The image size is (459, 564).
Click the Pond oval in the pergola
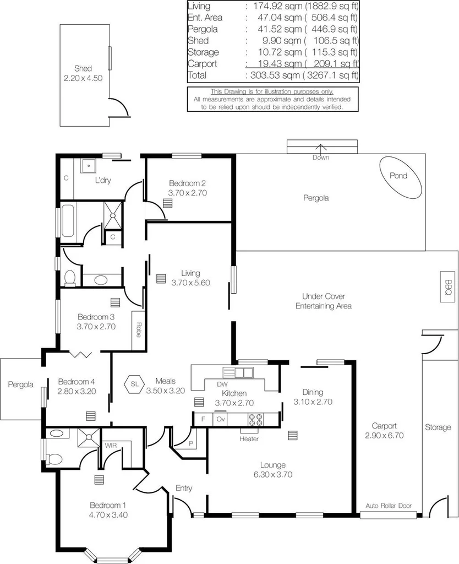(x=401, y=177)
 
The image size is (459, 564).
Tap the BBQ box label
(x=448, y=286)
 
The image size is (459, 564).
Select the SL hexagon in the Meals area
(x=134, y=384)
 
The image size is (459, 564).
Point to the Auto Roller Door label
(x=389, y=505)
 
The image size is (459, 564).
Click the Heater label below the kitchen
(x=249, y=439)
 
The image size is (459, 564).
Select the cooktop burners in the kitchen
(x=256, y=419)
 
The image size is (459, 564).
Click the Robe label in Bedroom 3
(x=139, y=329)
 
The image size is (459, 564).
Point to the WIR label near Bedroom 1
(x=111, y=444)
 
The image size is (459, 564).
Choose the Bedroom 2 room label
(x=187, y=183)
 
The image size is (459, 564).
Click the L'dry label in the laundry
(x=103, y=180)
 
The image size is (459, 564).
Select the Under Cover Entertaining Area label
(x=323, y=301)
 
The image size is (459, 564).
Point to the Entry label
(x=183, y=488)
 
